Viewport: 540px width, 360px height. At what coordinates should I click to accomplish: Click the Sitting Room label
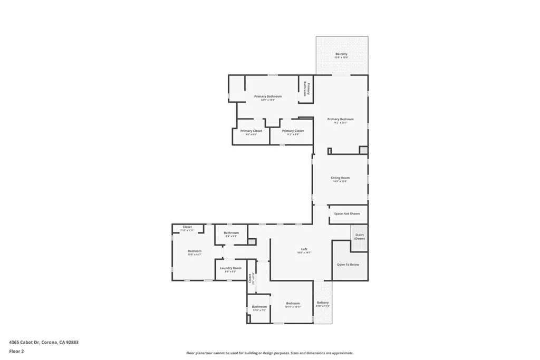click(x=341, y=178)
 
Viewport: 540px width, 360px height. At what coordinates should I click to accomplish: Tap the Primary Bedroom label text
click(x=340, y=119)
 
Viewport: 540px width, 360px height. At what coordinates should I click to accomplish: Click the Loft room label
click(x=304, y=249)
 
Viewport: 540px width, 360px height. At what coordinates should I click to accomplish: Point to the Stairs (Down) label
click(x=359, y=236)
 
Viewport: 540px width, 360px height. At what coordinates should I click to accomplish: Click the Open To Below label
click(x=348, y=264)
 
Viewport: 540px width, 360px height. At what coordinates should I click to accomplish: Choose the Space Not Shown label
click(x=347, y=213)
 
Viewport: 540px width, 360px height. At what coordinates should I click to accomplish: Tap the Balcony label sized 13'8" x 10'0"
click(x=341, y=54)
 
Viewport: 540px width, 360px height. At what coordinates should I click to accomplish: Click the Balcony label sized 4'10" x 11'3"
click(x=322, y=303)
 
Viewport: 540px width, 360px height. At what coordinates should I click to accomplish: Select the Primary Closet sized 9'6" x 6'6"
click(x=251, y=131)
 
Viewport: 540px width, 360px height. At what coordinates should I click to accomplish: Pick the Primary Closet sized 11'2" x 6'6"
click(x=293, y=131)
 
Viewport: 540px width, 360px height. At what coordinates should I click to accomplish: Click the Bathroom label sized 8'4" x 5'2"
click(x=231, y=233)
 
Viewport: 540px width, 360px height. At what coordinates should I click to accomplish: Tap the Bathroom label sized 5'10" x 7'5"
click(x=259, y=307)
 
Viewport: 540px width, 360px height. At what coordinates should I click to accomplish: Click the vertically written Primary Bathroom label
click(x=306, y=90)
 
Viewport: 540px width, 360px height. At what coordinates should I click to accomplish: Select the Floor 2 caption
click(x=16, y=351)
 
